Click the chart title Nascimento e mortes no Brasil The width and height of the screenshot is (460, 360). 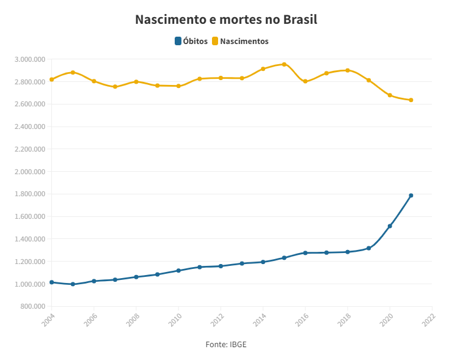click(x=226, y=20)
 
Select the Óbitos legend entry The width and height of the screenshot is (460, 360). click(x=191, y=42)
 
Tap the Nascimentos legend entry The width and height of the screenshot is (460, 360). click(x=240, y=42)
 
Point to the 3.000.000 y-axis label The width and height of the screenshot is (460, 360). click(x=31, y=59)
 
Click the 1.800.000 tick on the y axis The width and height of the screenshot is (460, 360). click(x=31, y=194)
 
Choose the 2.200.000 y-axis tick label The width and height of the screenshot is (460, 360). click(x=31, y=149)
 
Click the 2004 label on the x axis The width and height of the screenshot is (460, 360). click(x=48, y=319)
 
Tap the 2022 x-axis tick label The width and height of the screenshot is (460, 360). click(x=428, y=319)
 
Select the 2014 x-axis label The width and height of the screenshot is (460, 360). click(x=259, y=319)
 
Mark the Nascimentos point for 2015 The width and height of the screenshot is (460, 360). click(x=284, y=64)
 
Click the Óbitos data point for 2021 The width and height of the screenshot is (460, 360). click(x=411, y=196)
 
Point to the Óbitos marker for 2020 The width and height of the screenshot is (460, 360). click(x=390, y=226)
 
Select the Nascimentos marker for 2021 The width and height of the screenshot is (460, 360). click(x=411, y=100)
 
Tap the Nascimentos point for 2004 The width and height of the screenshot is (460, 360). click(x=51, y=79)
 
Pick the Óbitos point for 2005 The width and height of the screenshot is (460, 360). click(x=73, y=284)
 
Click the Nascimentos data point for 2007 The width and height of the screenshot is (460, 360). click(x=115, y=87)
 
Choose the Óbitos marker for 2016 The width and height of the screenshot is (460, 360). click(x=305, y=253)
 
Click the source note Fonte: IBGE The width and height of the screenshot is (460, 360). click(x=226, y=345)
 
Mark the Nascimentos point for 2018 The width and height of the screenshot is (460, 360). click(x=348, y=70)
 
